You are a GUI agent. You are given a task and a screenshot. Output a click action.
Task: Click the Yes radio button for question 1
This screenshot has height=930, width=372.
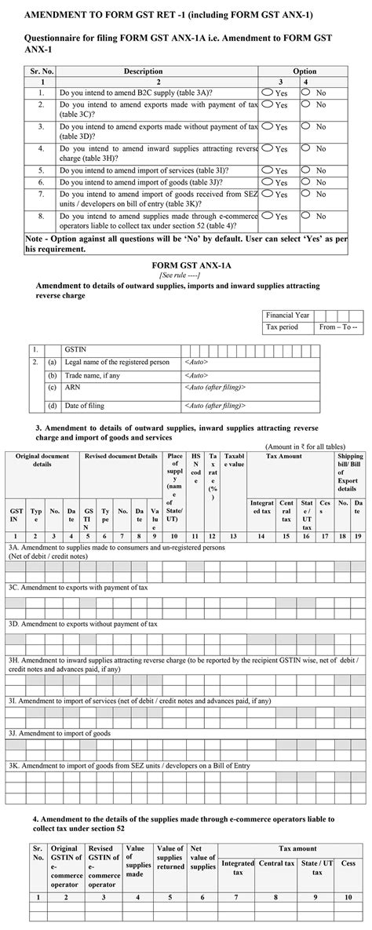click(x=268, y=92)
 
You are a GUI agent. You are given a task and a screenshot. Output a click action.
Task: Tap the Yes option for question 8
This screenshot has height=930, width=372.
click(x=268, y=215)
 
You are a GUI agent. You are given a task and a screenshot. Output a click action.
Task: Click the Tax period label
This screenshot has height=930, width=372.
click(x=283, y=326)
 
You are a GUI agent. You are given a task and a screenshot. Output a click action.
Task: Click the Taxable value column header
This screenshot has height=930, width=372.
click(x=233, y=460)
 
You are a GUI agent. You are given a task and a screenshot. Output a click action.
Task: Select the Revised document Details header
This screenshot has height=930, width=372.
click(x=121, y=456)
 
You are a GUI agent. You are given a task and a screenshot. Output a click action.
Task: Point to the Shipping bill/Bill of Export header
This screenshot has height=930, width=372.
click(x=350, y=465)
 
